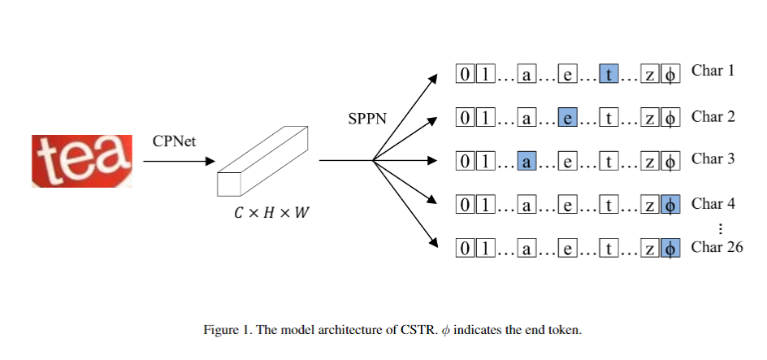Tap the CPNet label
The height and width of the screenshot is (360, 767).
pos(174,141)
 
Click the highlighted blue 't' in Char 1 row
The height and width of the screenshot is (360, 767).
pos(609,75)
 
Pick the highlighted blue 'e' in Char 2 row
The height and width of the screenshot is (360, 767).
pos(568,119)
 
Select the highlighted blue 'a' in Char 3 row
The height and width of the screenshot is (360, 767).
pos(526,162)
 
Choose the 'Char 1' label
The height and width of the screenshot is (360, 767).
pos(713,71)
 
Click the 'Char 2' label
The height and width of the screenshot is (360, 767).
pos(713,116)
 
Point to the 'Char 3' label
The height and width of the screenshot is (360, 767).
pos(713,158)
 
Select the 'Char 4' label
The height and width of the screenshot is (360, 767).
pos(713,203)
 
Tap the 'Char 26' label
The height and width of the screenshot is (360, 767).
pos(717,247)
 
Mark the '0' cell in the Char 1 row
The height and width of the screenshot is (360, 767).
pos(465,75)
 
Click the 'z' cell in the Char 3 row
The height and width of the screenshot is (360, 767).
pos(650,162)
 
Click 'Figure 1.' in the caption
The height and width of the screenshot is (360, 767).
pos(227,331)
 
